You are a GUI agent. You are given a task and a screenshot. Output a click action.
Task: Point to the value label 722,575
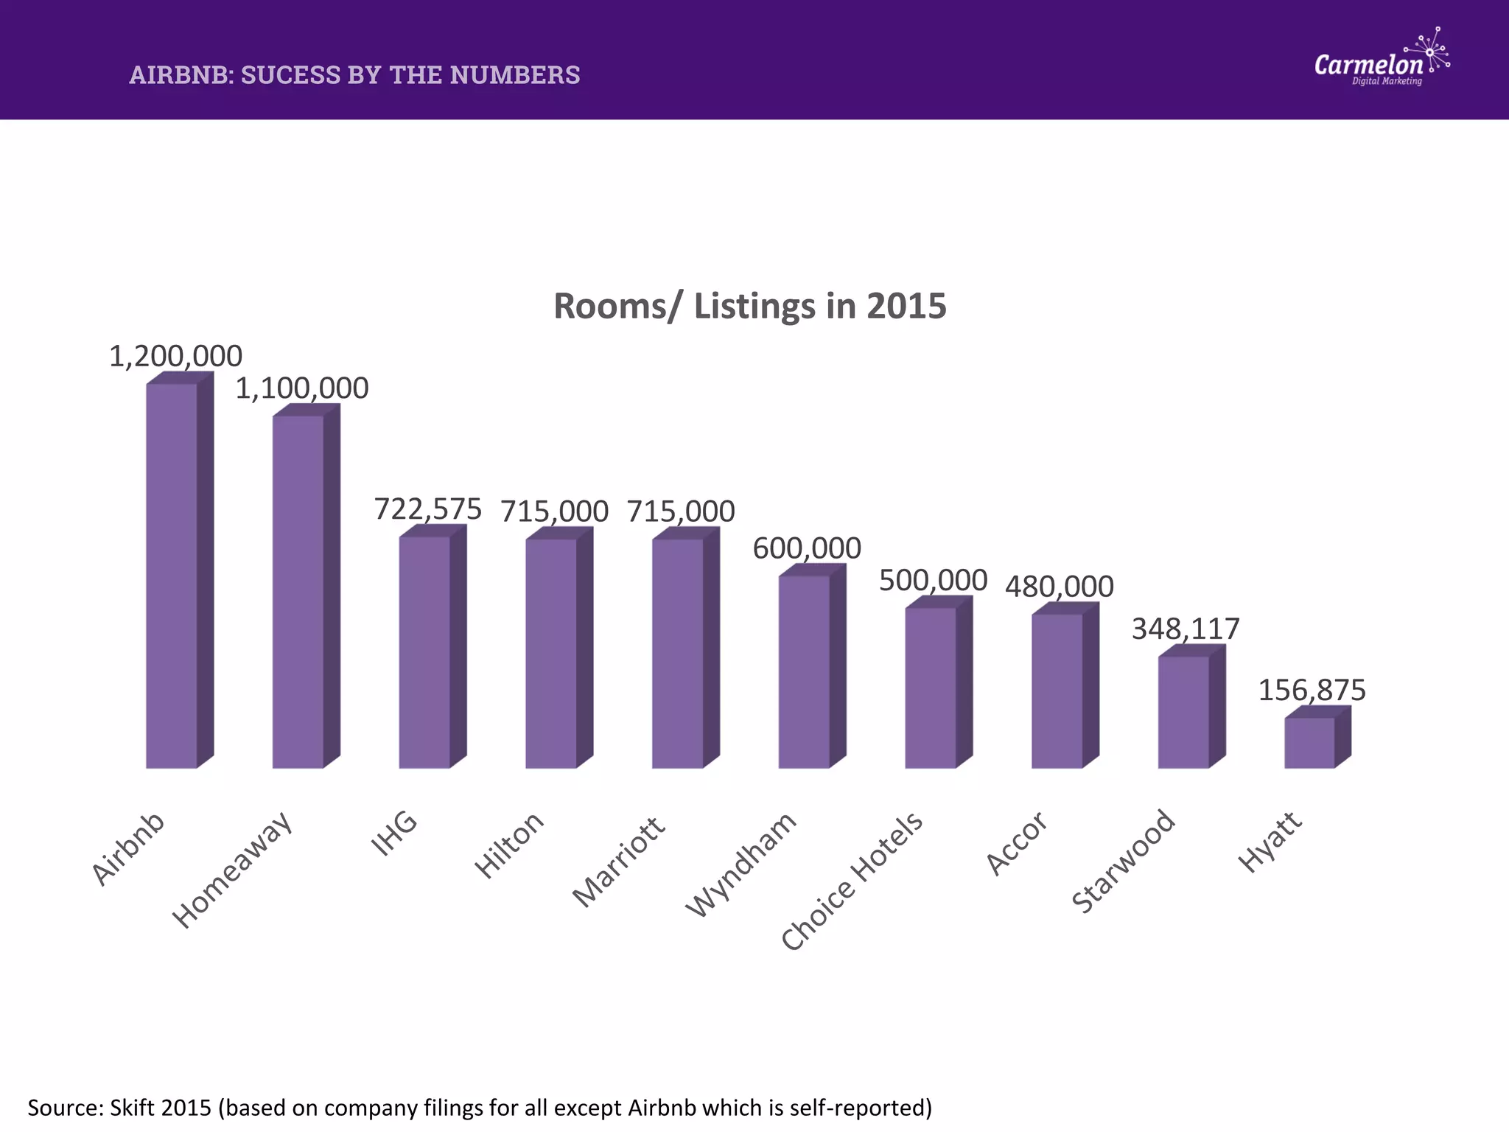coord(428,509)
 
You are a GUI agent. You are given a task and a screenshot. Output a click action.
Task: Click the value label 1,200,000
coord(175,356)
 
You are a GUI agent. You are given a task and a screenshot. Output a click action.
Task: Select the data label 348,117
coord(1186,629)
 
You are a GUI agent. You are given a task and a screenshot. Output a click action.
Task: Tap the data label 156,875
coord(1312,690)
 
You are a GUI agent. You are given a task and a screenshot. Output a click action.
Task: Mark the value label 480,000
coord(1059,587)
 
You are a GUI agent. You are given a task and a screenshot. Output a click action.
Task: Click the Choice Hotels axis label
coord(852,881)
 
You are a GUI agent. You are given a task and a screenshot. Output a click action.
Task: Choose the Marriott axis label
coord(619,862)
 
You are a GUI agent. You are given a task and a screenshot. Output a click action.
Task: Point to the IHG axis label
coord(394,834)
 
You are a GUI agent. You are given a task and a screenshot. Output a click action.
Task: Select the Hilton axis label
coord(509,845)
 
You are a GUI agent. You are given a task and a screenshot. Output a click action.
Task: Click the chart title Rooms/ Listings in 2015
coord(749,306)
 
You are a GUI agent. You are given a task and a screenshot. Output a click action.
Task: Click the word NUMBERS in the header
coord(515,75)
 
